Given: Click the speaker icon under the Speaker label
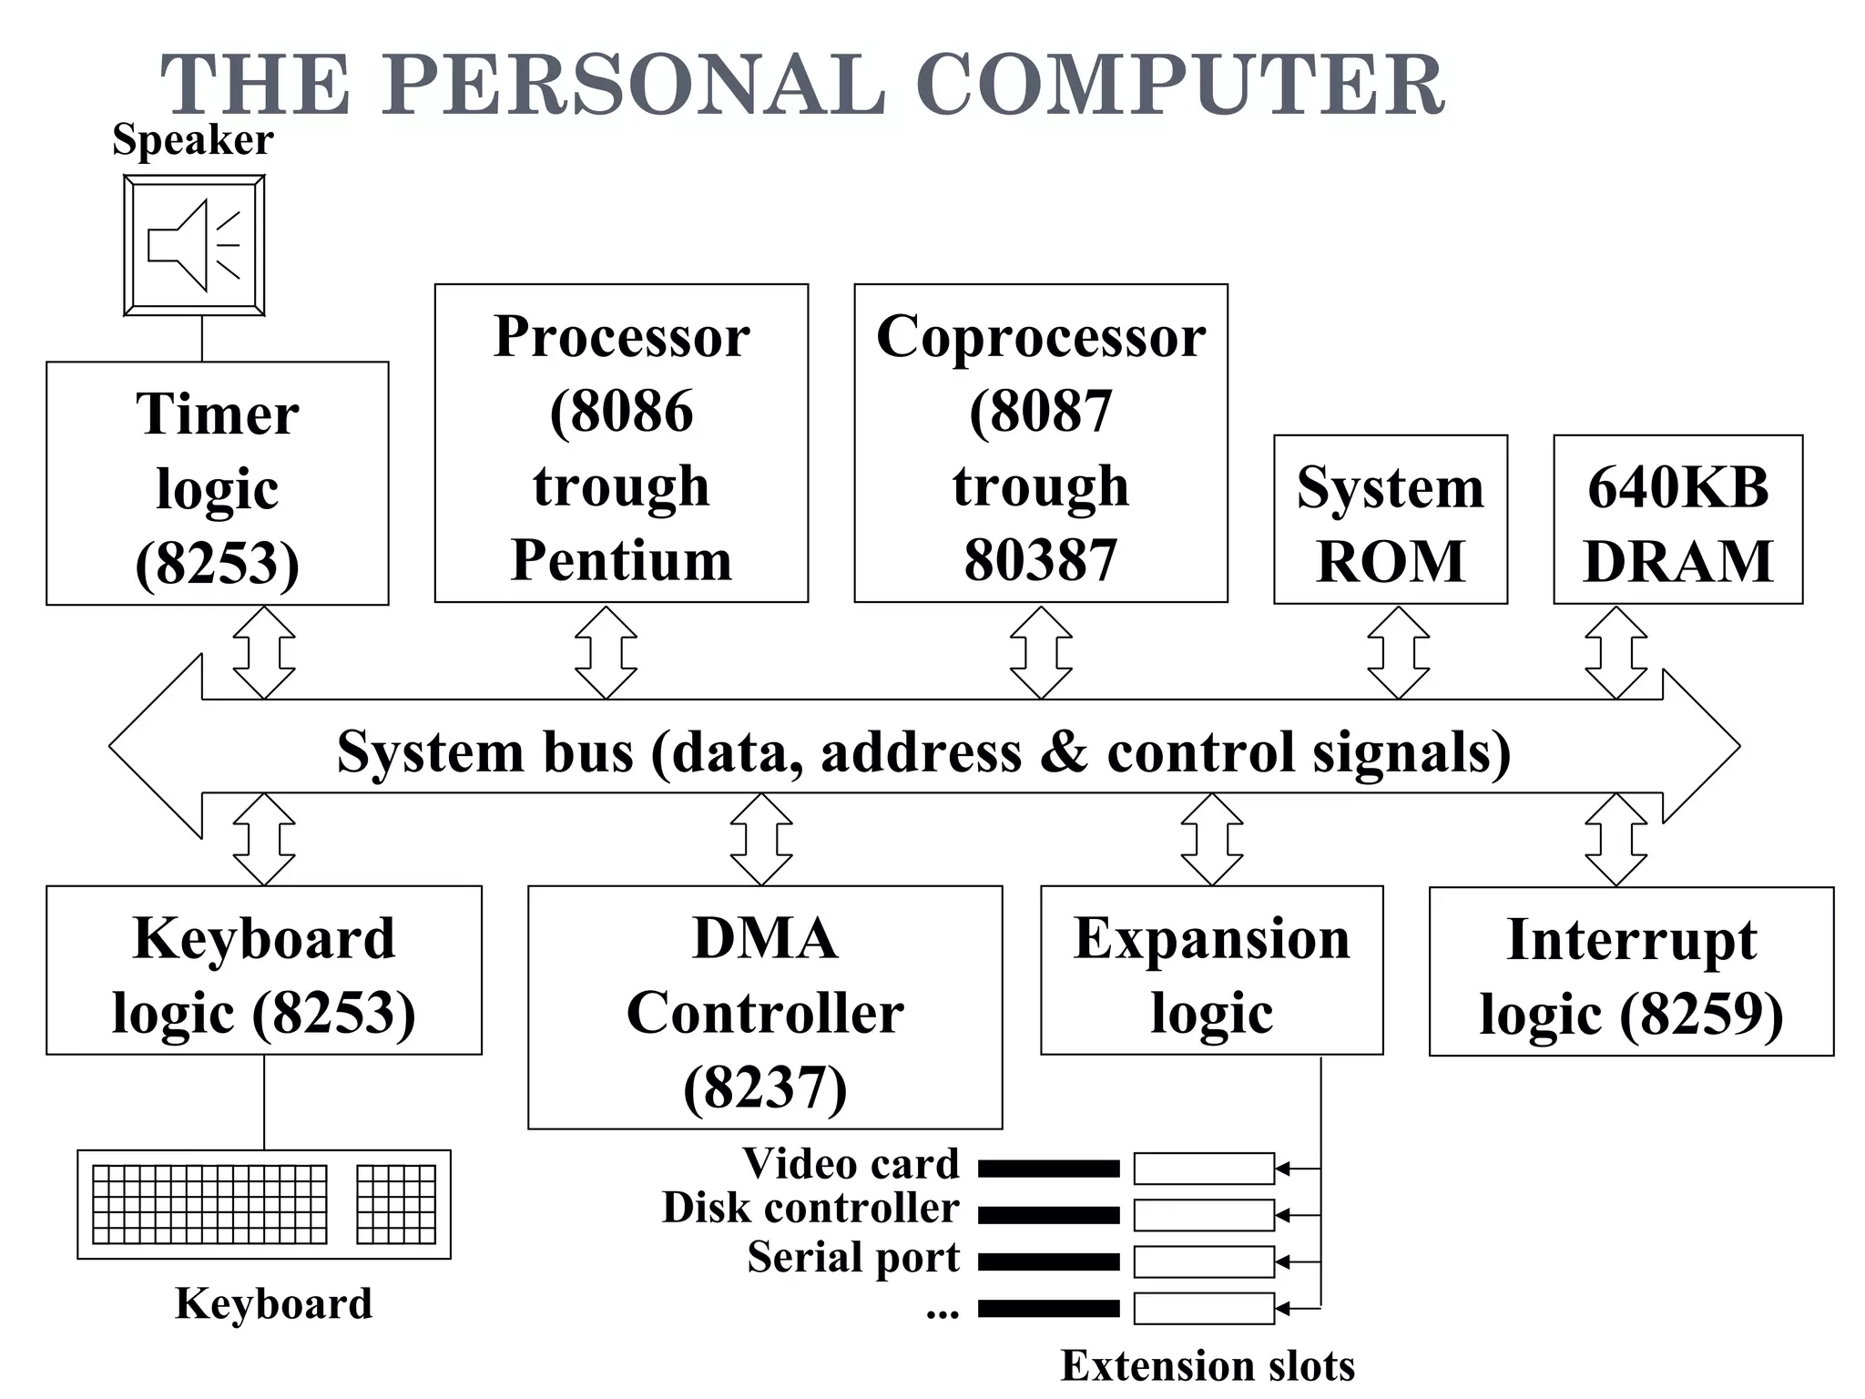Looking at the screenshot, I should click(x=194, y=245).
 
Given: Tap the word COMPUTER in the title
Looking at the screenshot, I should click(x=1179, y=84).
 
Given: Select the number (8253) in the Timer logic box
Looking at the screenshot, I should click(x=217, y=564).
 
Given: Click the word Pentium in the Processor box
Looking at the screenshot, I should click(x=621, y=559).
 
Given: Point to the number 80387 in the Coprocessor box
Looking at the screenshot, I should click(x=1040, y=559).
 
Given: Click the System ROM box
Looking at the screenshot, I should click(x=1390, y=520).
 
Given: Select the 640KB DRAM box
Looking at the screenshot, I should click(x=1677, y=520).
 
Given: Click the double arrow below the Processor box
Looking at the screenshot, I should click(x=606, y=652).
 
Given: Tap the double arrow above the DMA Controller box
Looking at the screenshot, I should click(x=761, y=839).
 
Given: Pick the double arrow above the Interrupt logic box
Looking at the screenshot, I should click(x=1615, y=839).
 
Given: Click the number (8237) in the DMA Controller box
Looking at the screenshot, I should click(x=765, y=1087).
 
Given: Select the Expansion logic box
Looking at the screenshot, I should click(x=1211, y=971).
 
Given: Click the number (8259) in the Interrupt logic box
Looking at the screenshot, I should click(x=1701, y=1014).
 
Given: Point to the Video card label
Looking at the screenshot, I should click(x=851, y=1163).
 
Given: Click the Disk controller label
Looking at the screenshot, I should click(x=810, y=1208).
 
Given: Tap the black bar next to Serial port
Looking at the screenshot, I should click(x=1049, y=1261).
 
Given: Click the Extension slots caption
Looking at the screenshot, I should click(x=1208, y=1365).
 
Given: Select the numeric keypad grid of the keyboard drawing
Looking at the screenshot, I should click(x=396, y=1204).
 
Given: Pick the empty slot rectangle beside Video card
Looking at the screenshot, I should click(x=1203, y=1169).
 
